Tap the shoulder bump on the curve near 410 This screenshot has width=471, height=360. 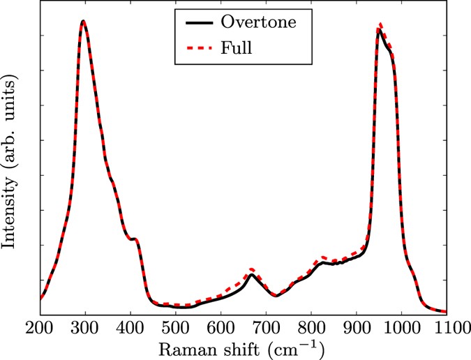pos(135,239)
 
